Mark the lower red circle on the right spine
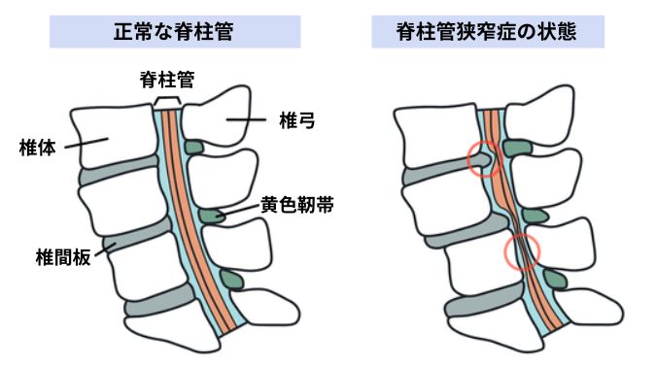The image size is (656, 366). click(523, 252)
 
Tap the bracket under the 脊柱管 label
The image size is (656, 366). click(167, 102)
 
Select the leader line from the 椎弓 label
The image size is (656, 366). click(248, 120)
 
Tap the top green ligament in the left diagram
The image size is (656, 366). click(194, 148)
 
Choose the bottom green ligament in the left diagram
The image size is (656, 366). click(231, 280)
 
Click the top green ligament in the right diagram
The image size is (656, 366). click(517, 149)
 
